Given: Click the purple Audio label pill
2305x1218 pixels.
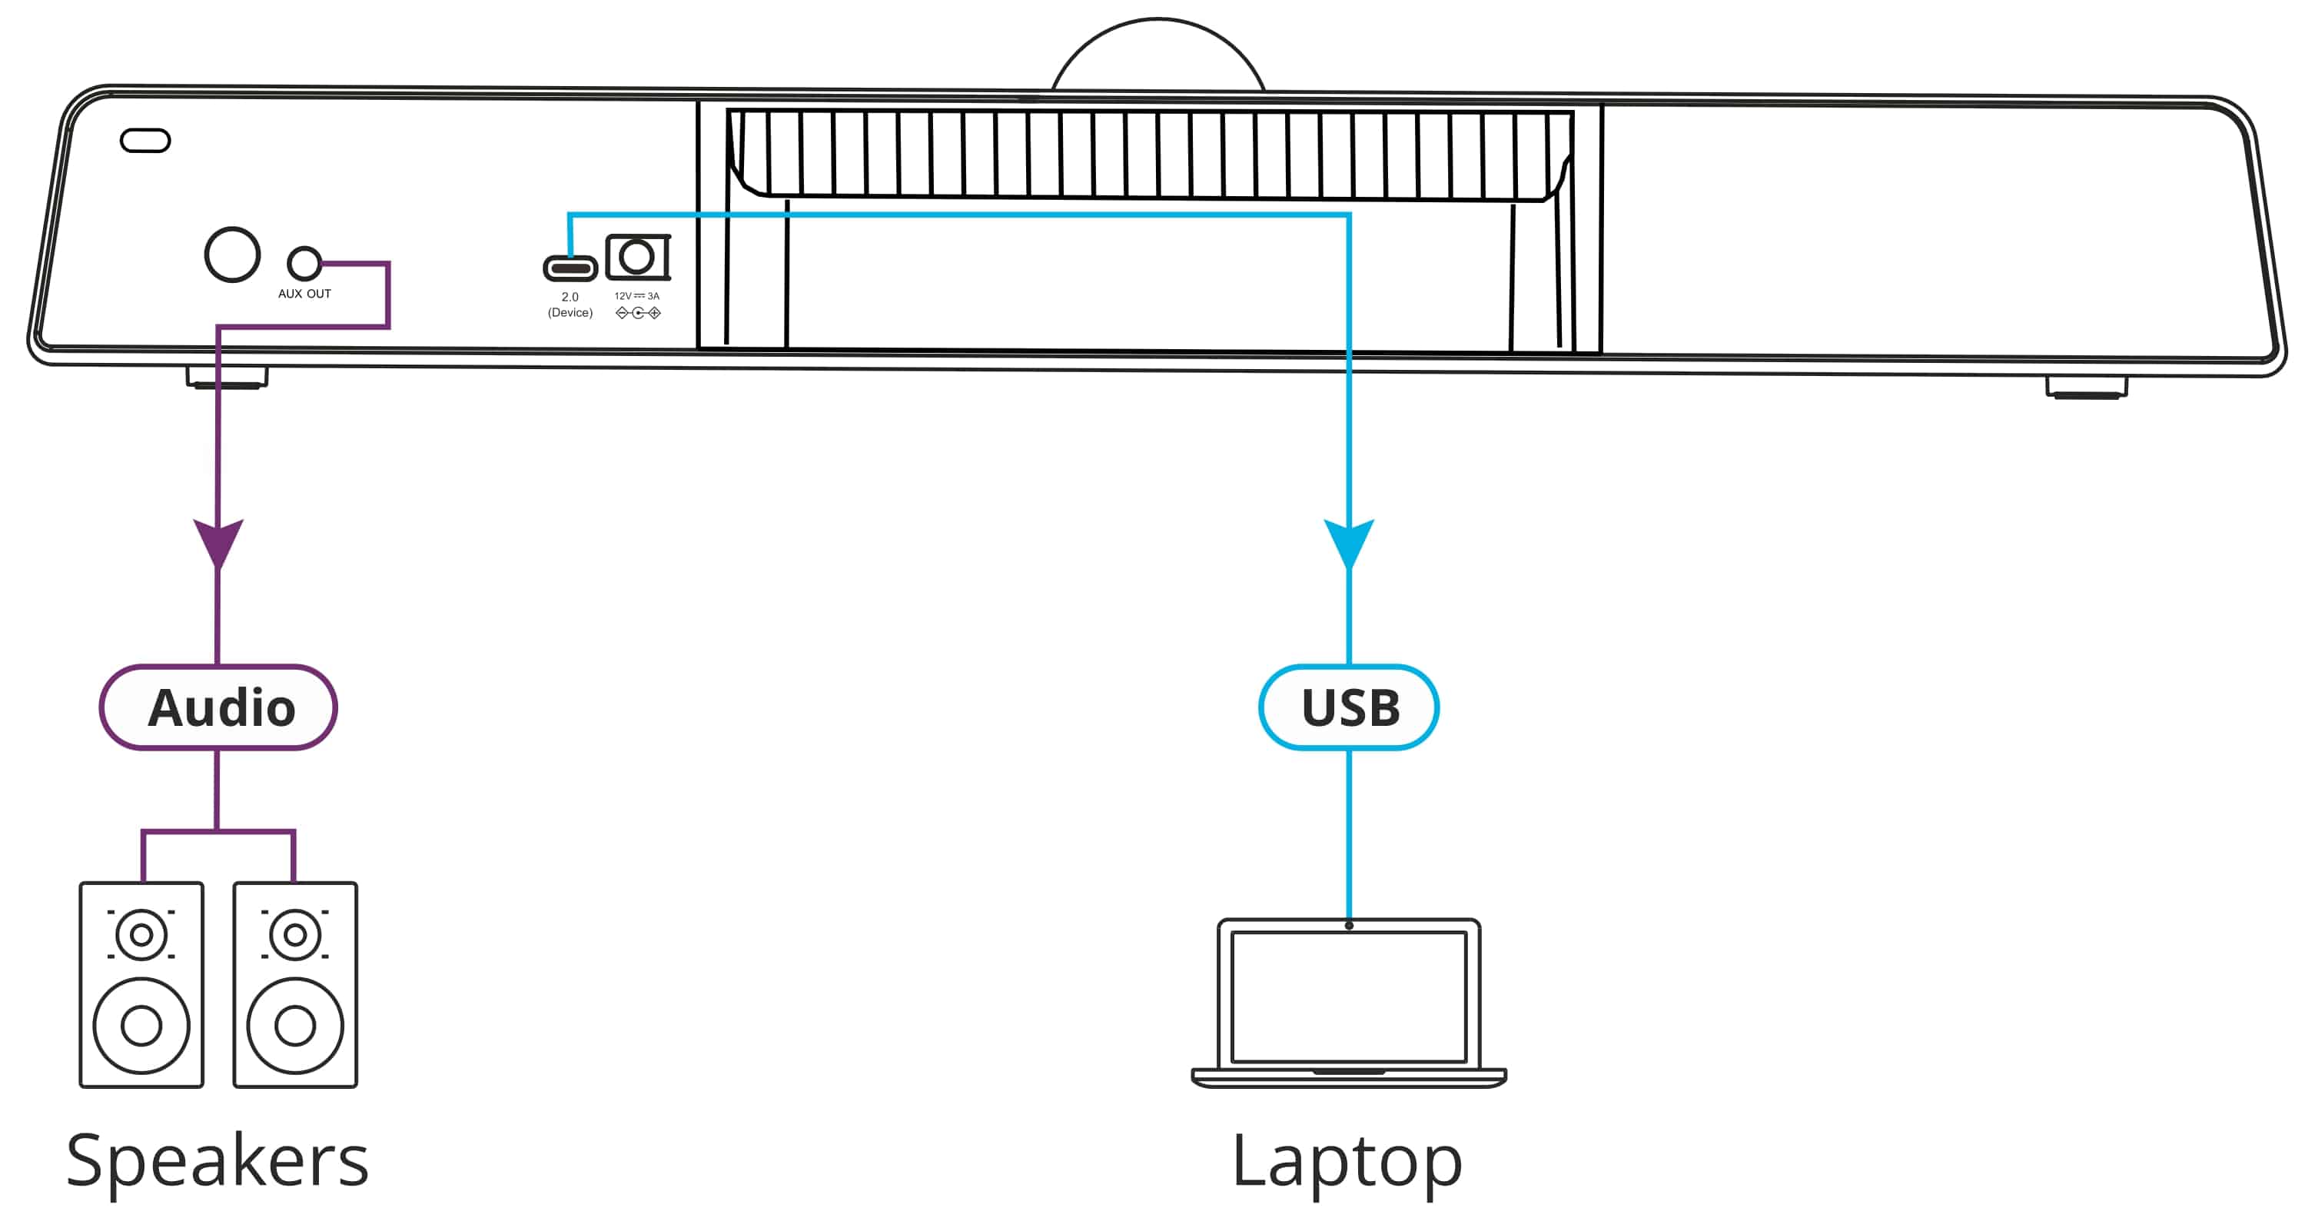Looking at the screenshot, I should [x=218, y=707].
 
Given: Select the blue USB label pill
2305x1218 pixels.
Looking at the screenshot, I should [x=1348, y=707].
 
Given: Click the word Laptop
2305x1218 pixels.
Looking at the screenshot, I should [x=1347, y=1162].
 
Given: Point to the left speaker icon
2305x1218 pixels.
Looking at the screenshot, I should [x=141, y=984].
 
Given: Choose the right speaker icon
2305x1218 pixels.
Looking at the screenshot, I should [x=295, y=984].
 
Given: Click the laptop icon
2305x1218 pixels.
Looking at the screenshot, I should [x=1348, y=1003].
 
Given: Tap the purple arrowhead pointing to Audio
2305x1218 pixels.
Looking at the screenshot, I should [x=218, y=541].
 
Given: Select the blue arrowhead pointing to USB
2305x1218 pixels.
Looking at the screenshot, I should [x=1348, y=541].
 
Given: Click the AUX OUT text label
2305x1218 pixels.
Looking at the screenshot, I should [x=304, y=294].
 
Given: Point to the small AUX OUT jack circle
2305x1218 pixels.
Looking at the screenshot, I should [x=304, y=263].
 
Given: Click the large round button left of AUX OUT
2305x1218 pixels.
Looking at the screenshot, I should [x=233, y=255].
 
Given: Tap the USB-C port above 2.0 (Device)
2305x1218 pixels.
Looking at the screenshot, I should [x=570, y=268].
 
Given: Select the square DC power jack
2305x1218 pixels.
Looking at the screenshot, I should [x=637, y=258].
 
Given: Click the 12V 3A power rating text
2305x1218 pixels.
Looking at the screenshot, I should [x=637, y=296].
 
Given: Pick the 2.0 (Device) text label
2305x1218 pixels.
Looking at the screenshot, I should [x=570, y=304].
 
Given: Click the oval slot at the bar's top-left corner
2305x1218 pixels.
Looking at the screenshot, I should [x=145, y=141].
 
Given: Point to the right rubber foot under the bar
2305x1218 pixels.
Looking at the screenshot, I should [x=2086, y=388].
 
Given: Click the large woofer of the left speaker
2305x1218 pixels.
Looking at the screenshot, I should [x=141, y=1026].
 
